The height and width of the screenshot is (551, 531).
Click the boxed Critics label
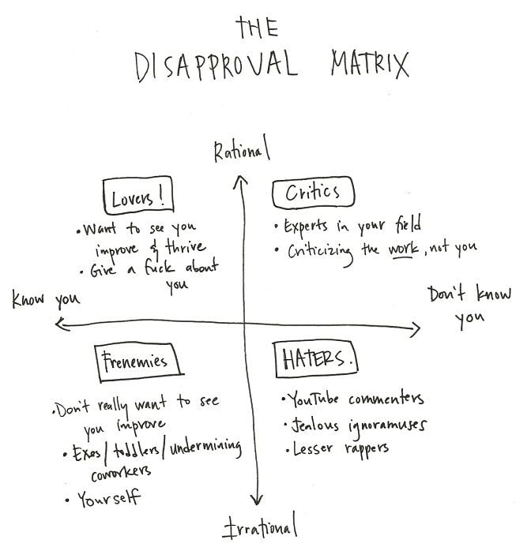313,192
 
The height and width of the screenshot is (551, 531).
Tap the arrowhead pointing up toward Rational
239,184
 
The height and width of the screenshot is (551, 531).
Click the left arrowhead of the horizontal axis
58,321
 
